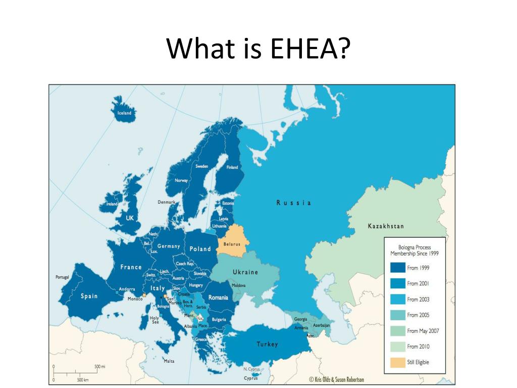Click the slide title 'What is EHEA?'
pos(258,49)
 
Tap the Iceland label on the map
pos(124,113)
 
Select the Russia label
pos(294,203)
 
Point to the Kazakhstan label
pos(386,226)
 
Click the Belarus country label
pos(232,244)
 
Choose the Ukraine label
pos(245,272)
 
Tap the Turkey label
pos(267,345)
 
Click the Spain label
pos(89,296)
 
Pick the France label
pos(131,267)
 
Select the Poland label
pos(200,249)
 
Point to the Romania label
pos(218,298)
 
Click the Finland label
pos(232,167)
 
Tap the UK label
pos(130,218)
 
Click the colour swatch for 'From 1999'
pos(398,268)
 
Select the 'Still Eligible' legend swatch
pos(398,362)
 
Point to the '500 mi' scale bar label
pos(100,366)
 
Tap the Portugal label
pos(62,277)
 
